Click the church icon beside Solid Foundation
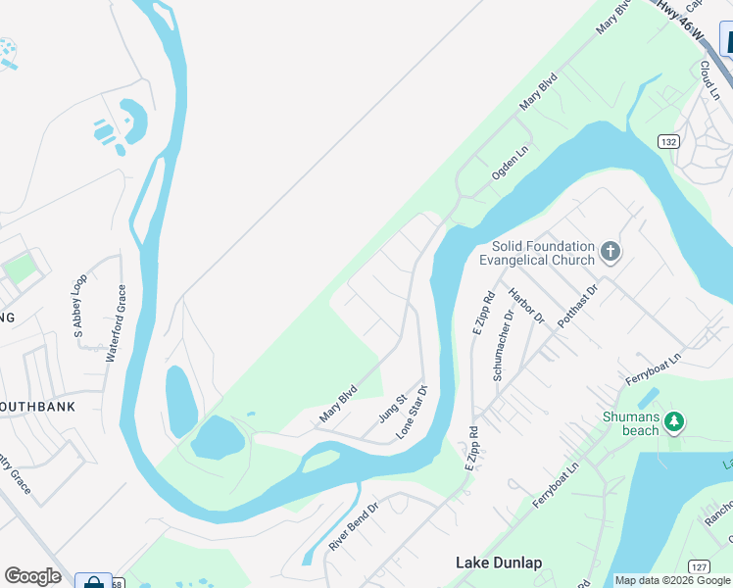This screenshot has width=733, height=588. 611,253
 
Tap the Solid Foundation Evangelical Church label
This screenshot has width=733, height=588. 537,253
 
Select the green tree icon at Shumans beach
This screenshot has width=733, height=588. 673,421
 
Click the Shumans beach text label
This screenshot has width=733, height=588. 630,423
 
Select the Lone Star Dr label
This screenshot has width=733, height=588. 412,411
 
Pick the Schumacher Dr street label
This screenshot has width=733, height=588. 503,346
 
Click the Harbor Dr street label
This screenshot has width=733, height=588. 526,306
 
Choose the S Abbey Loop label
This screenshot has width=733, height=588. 79,306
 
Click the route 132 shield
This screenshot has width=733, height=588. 668,141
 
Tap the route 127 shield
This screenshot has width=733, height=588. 699,566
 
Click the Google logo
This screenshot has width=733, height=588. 32,576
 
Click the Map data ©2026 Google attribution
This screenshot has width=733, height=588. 673,580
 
